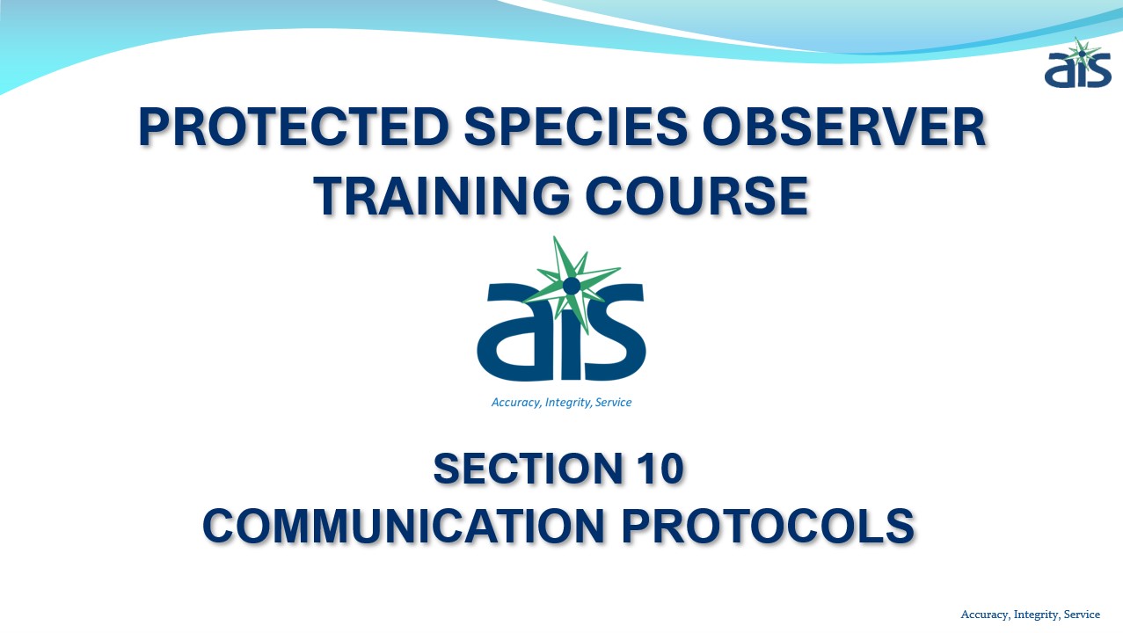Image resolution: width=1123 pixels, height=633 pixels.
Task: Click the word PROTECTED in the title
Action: [295, 127]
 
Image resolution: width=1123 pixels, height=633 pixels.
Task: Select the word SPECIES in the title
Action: [575, 127]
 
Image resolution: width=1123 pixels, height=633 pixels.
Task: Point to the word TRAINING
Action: [441, 196]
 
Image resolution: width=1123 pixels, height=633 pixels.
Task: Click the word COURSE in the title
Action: [696, 196]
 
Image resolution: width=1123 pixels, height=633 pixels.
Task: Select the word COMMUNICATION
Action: [404, 527]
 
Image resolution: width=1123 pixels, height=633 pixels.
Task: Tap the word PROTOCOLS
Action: [768, 527]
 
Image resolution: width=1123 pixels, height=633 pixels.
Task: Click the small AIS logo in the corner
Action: [1078, 63]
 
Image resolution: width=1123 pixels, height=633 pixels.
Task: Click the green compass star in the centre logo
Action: [571, 285]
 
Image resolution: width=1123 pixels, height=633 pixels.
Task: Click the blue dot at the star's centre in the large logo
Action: [572, 286]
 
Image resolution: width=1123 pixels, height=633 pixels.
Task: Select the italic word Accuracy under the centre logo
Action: [516, 403]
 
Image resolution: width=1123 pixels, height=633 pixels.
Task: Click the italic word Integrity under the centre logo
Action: [568, 403]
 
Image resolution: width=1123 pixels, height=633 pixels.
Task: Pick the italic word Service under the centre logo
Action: [613, 403]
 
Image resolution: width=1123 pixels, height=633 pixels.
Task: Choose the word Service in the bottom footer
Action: [1082, 615]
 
